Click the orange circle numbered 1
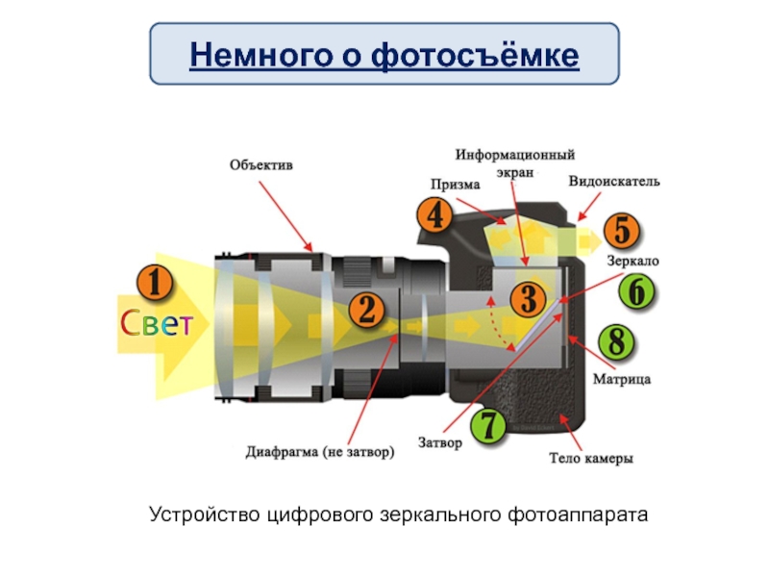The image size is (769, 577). pyautogui.click(x=154, y=285)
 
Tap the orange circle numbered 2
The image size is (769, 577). pyautogui.click(x=366, y=310)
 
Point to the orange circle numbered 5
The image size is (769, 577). pyautogui.click(x=622, y=231)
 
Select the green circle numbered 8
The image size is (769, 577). pyautogui.click(x=616, y=341)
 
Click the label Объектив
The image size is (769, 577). pyautogui.click(x=260, y=164)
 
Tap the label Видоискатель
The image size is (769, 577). pyautogui.click(x=614, y=181)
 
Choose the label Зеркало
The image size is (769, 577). pyautogui.click(x=633, y=261)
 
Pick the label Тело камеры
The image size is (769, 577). pyautogui.click(x=590, y=459)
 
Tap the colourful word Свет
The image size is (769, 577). pyautogui.click(x=156, y=325)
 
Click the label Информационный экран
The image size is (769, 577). pyautogui.click(x=515, y=161)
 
